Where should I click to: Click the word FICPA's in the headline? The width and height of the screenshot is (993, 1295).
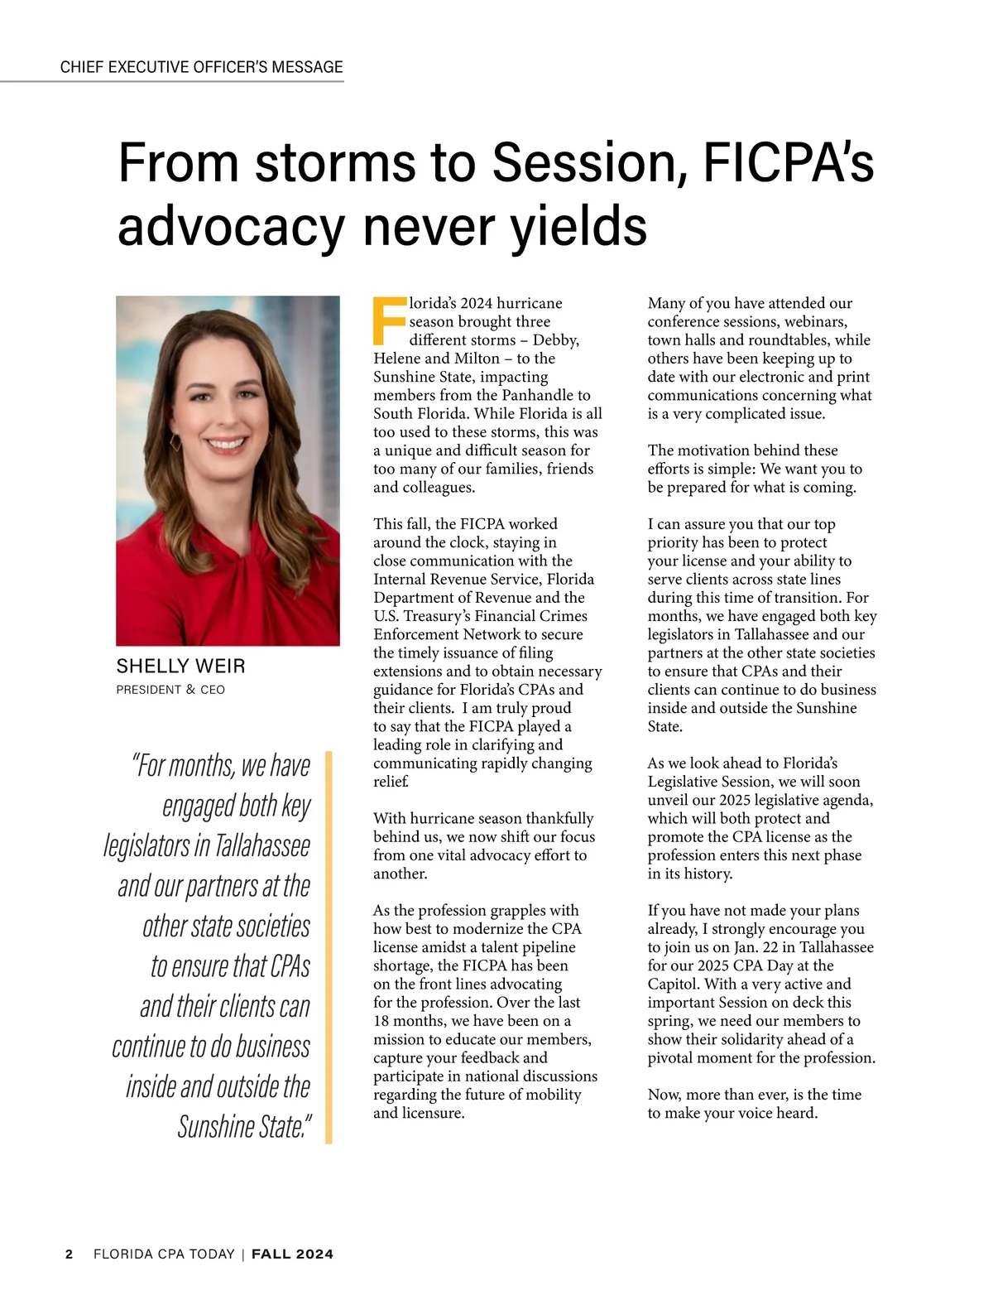point(788,162)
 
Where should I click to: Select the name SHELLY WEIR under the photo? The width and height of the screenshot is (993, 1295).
point(180,667)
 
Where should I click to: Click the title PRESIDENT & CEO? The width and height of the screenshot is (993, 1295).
point(170,690)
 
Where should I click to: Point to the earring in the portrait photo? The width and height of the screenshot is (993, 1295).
point(176,441)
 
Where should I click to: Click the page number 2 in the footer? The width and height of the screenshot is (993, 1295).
point(70,1254)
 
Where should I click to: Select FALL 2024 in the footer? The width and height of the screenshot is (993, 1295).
point(292,1254)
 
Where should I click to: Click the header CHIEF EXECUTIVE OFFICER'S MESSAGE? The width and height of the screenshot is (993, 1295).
point(201,67)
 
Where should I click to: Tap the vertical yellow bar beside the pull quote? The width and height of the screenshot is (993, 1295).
point(329,947)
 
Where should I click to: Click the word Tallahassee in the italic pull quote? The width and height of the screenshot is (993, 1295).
point(262,846)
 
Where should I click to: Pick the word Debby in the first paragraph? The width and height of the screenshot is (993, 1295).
point(554,340)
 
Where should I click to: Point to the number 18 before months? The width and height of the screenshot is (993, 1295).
point(382,1021)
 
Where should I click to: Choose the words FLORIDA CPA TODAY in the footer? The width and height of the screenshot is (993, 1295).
point(164,1254)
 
